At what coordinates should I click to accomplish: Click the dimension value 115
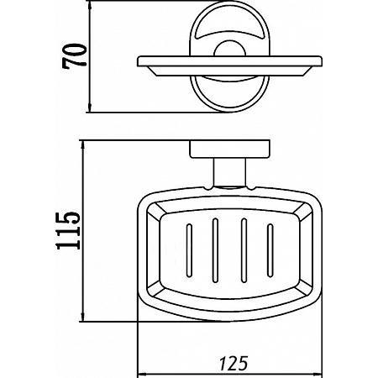coord(68,231)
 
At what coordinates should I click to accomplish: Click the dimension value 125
coord(234,363)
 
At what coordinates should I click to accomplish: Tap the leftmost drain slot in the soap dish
coord(189,251)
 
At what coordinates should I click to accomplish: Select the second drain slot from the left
coord(215,250)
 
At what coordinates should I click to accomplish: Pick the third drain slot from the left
coord(244,250)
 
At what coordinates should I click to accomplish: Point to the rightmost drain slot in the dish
coord(270,251)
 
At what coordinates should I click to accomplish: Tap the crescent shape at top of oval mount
coord(229,31)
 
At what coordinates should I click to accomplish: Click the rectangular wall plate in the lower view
coord(230,150)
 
